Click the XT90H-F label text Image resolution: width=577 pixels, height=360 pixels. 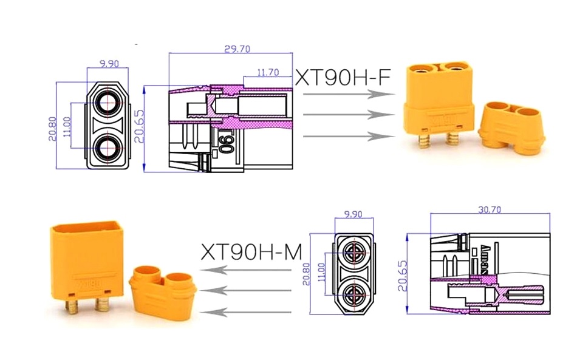click(342, 77)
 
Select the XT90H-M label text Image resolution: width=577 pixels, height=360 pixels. click(251, 251)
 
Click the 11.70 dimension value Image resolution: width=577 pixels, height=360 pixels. click(268, 72)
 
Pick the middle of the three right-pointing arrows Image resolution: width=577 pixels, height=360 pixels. click(344, 115)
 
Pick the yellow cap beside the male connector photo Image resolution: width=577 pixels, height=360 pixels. click(162, 294)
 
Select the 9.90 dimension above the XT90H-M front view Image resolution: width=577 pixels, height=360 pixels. click(353, 214)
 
